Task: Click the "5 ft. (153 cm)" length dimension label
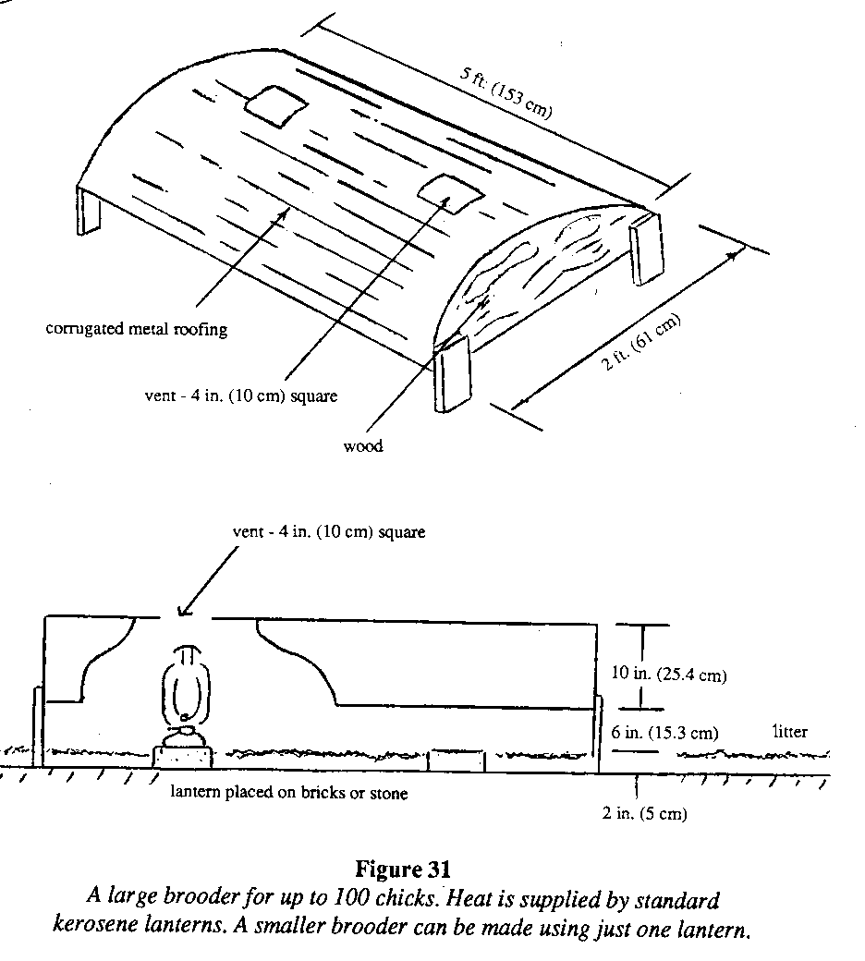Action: [x=507, y=93]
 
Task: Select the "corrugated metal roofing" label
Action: [x=137, y=330]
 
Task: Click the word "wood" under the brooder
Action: [x=363, y=446]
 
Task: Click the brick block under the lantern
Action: [x=181, y=756]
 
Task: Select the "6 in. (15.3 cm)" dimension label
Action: [x=664, y=733]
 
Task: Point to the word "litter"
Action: [x=789, y=732]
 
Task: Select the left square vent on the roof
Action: [x=274, y=107]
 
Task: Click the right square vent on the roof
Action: [x=449, y=191]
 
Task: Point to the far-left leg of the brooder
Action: [x=90, y=211]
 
